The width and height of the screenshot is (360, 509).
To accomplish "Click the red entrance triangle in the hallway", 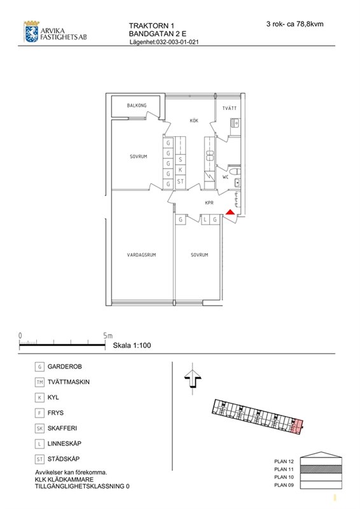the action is pos(230,213).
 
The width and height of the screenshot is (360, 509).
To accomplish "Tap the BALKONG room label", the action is pos(137,106).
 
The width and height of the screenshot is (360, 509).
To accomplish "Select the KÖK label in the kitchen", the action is pos(194,121).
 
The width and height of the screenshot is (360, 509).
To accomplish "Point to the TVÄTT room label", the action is pos(230,108).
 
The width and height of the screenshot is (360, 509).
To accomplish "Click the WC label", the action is pos(225,177).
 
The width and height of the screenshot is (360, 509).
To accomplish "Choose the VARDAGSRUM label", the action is pos(141,255).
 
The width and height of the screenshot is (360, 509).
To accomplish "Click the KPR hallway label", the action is pos(209,203).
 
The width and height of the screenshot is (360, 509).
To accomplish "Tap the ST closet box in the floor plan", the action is pos(181,182).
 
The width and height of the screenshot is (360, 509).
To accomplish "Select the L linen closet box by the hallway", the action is pos(205,220).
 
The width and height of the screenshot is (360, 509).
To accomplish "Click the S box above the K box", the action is pos(181,160).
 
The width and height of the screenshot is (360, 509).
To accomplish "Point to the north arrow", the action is pos(193,379).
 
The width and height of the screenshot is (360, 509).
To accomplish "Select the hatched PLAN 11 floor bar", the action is pos(321,470).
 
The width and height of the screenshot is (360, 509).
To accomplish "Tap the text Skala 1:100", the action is pos(132,345).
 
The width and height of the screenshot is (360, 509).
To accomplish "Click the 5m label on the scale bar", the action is pos(107,335).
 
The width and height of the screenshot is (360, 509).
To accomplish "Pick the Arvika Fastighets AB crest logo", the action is pos(31,31).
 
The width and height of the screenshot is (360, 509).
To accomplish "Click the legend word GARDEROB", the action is pos(65,366).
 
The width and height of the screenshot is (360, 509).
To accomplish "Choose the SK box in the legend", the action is pos(39,428).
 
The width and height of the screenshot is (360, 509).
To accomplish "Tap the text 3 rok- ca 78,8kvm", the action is pos(294,24).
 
